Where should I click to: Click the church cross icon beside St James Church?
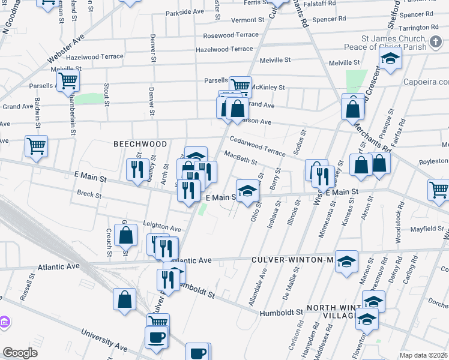coord(436,43)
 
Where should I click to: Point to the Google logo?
coord(20,353)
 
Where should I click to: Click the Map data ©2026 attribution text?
coord(424,355)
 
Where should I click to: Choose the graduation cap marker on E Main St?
coord(246,190)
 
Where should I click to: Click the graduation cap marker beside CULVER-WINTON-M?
coord(346,261)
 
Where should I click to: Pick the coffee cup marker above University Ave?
coord(157,337)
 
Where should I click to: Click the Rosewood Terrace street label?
coord(231,35)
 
